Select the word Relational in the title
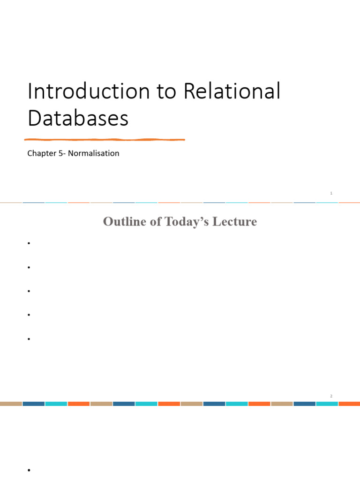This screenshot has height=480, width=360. tap(232, 91)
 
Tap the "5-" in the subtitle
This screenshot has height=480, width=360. tap(62, 153)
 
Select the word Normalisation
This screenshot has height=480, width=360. tap(94, 153)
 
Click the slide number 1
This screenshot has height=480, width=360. tap(331, 193)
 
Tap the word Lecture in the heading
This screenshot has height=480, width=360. tap(237, 222)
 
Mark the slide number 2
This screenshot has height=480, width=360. tap(331, 396)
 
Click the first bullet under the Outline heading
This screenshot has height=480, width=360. tap(29, 243)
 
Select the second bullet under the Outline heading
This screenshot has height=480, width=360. tap(29, 267)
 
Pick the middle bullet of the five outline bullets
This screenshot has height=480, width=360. tap(29, 291)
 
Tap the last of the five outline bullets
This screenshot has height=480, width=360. tap(29, 338)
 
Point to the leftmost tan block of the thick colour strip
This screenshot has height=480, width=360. tap(11, 403)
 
